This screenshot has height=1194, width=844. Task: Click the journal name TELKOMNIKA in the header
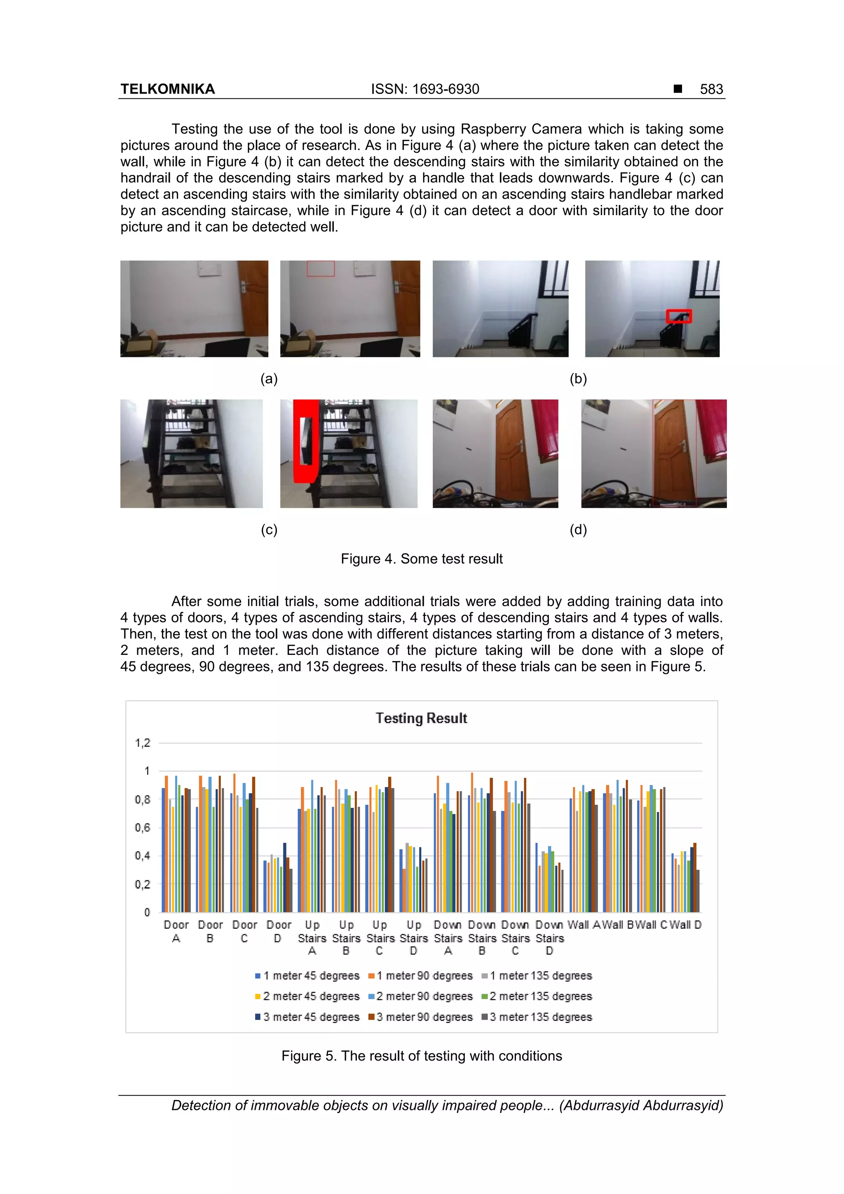click(167, 89)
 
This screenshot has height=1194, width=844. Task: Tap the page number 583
click(711, 89)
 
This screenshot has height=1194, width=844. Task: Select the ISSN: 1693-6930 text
click(425, 89)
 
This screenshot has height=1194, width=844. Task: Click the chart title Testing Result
click(421, 718)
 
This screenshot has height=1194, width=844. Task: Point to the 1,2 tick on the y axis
click(143, 743)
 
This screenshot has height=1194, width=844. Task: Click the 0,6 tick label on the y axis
click(143, 827)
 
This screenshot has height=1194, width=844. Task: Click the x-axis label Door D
click(279, 931)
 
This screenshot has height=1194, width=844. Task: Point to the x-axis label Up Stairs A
click(312, 938)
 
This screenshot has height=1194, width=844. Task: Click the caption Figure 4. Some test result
click(421, 558)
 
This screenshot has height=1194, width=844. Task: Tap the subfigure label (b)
click(578, 379)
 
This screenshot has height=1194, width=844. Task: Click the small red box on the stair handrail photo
click(679, 316)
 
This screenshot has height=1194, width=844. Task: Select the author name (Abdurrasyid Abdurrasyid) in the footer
click(641, 1105)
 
